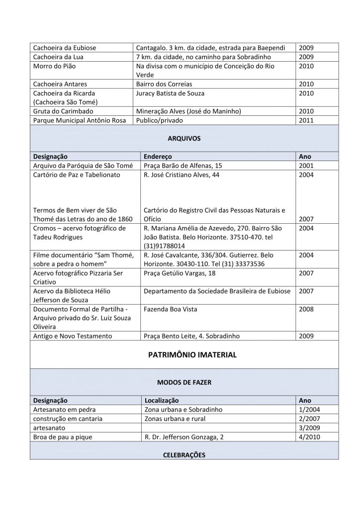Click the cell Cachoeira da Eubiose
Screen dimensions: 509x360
tap(65, 48)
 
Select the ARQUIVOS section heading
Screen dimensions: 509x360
tap(183, 139)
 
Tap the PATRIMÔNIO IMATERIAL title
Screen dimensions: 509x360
tap(184, 355)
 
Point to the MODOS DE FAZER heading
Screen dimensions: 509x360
tap(183, 383)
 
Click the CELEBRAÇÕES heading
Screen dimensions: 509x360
tap(184, 455)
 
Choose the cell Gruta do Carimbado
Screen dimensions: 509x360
tap(63, 111)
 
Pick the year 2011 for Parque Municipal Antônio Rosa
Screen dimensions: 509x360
tap(306, 120)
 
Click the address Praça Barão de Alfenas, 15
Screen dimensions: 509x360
tap(183, 165)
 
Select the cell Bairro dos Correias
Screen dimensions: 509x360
tap(164, 84)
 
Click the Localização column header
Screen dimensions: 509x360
tap(162, 400)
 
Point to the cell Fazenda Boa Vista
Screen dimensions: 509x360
tap(171, 309)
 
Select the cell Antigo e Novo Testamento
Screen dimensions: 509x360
tap(73, 336)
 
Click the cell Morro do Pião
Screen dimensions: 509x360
tap(55, 66)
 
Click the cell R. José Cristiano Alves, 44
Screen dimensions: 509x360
tap(181, 174)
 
